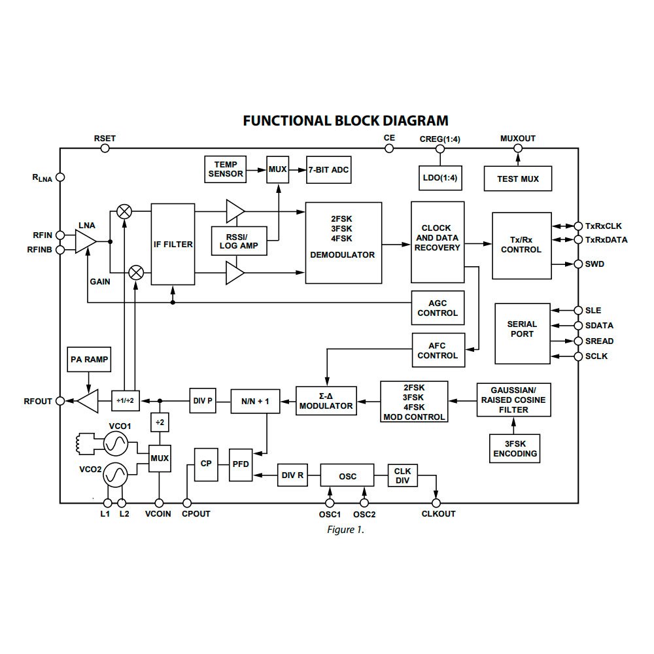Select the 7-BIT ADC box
(329, 169)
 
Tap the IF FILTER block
(173, 244)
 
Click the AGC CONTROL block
(438, 308)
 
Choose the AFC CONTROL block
(438, 350)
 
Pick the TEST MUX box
(517, 179)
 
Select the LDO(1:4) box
(439, 178)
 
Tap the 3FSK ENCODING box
(516, 448)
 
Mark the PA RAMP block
(89, 359)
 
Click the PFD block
(240, 465)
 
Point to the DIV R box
(292, 475)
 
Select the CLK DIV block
(402, 475)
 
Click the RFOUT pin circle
(60, 401)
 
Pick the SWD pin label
(595, 264)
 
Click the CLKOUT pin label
(438, 514)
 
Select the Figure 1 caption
(345, 530)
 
